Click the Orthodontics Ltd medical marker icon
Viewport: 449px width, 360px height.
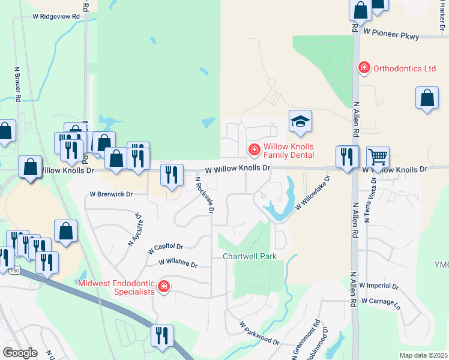[x=364, y=68]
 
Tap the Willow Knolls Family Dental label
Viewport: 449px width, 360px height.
[x=289, y=151]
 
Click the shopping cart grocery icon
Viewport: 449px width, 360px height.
[x=378, y=157]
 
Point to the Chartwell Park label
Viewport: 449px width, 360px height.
[x=250, y=256]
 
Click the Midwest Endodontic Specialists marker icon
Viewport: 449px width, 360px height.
[x=163, y=287]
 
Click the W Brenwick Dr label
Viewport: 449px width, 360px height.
[x=110, y=194]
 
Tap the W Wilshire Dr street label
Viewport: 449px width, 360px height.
[x=178, y=263]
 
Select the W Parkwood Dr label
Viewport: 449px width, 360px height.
[x=259, y=333]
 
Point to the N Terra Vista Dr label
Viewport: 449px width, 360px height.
[x=370, y=199]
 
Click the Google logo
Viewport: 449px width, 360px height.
[x=20, y=353]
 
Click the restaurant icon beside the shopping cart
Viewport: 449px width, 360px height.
[x=348, y=157]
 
